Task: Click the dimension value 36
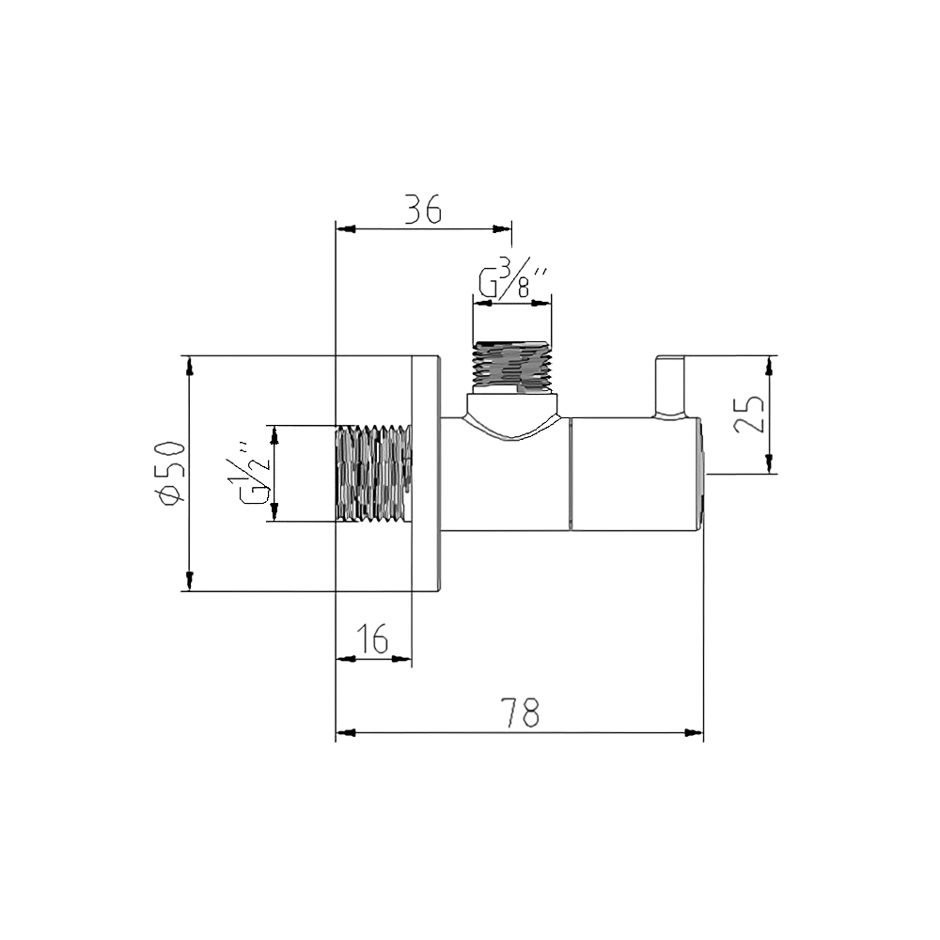423,209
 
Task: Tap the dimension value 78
520,713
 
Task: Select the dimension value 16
373,640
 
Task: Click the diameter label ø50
170,473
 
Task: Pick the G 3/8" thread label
512,281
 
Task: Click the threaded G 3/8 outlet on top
511,364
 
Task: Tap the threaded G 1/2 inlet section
373,473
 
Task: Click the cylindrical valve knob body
634,473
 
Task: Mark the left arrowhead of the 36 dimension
343,227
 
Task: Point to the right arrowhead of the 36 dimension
505,227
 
